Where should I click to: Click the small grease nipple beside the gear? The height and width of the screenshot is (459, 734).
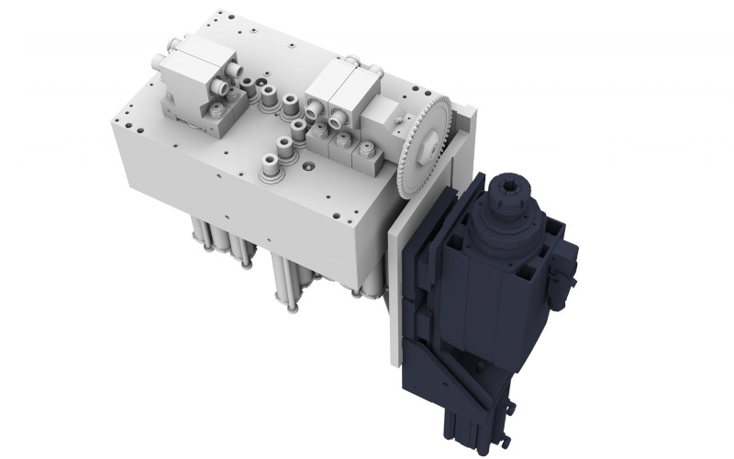[x=396, y=117]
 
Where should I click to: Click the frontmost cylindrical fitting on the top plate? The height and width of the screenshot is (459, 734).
[x=272, y=169]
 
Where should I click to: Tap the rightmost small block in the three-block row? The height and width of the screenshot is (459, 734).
[x=368, y=157]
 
